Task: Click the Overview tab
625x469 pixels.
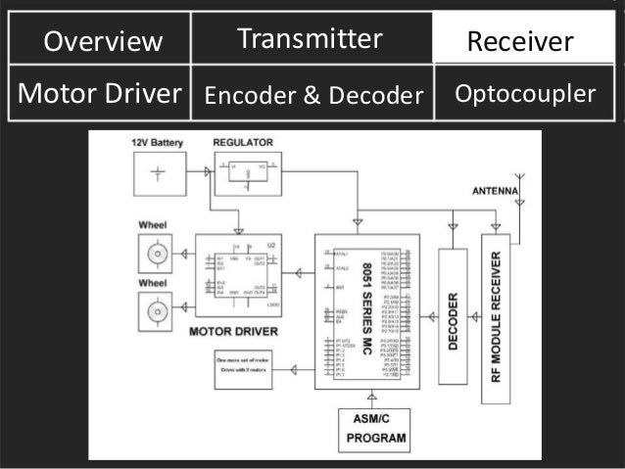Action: tap(103, 41)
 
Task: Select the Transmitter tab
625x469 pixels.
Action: tap(309, 39)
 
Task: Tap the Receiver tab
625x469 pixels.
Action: tap(520, 41)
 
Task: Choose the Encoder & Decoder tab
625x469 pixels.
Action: tap(312, 95)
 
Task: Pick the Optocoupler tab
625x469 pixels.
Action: tap(525, 94)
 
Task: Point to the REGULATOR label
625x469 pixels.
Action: tap(243, 143)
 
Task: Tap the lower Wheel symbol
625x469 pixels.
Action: tap(156, 314)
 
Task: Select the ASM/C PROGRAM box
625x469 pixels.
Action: tap(373, 429)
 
